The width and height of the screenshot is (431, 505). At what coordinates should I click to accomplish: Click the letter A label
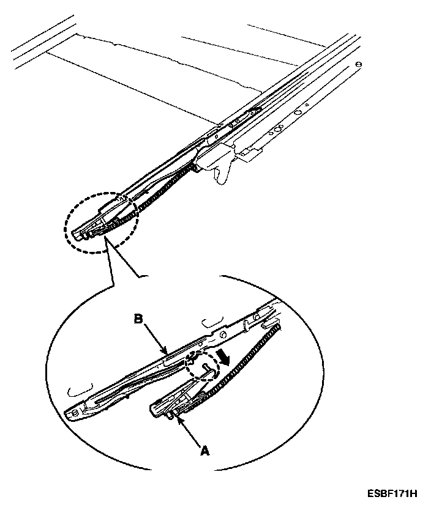tap(204, 451)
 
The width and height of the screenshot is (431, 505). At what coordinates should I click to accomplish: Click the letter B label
tap(139, 319)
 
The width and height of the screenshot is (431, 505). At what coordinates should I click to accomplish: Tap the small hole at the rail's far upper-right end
tap(359, 65)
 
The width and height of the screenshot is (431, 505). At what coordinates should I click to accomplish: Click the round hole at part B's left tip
tap(75, 413)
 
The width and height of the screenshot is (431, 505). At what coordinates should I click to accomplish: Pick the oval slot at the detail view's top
tap(213, 322)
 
